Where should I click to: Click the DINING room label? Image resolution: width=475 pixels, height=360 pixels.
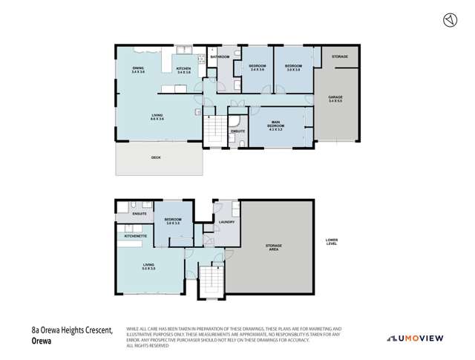pos(138,70)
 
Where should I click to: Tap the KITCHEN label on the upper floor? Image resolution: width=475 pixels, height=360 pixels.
pos(183,70)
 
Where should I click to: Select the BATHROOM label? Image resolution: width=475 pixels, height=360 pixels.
pos(220,56)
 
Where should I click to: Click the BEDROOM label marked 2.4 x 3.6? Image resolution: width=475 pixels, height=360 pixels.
pos(257,68)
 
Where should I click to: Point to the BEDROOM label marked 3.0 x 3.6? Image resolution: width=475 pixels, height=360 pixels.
pos(293,68)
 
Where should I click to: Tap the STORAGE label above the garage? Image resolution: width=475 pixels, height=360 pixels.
pos(340,56)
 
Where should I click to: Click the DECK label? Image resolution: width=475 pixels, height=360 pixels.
pos(156,157)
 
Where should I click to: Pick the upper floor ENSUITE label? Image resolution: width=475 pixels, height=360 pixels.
pos(237,131)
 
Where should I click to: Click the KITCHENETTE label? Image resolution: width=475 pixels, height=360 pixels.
pos(136,235)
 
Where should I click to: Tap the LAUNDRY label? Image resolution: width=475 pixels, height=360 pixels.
pos(226,222)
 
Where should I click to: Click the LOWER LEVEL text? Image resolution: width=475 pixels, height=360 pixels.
pos(331,241)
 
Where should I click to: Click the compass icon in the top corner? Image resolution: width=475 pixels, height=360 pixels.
pos(448,20)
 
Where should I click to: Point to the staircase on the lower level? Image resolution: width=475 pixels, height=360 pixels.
pos(212,281)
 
